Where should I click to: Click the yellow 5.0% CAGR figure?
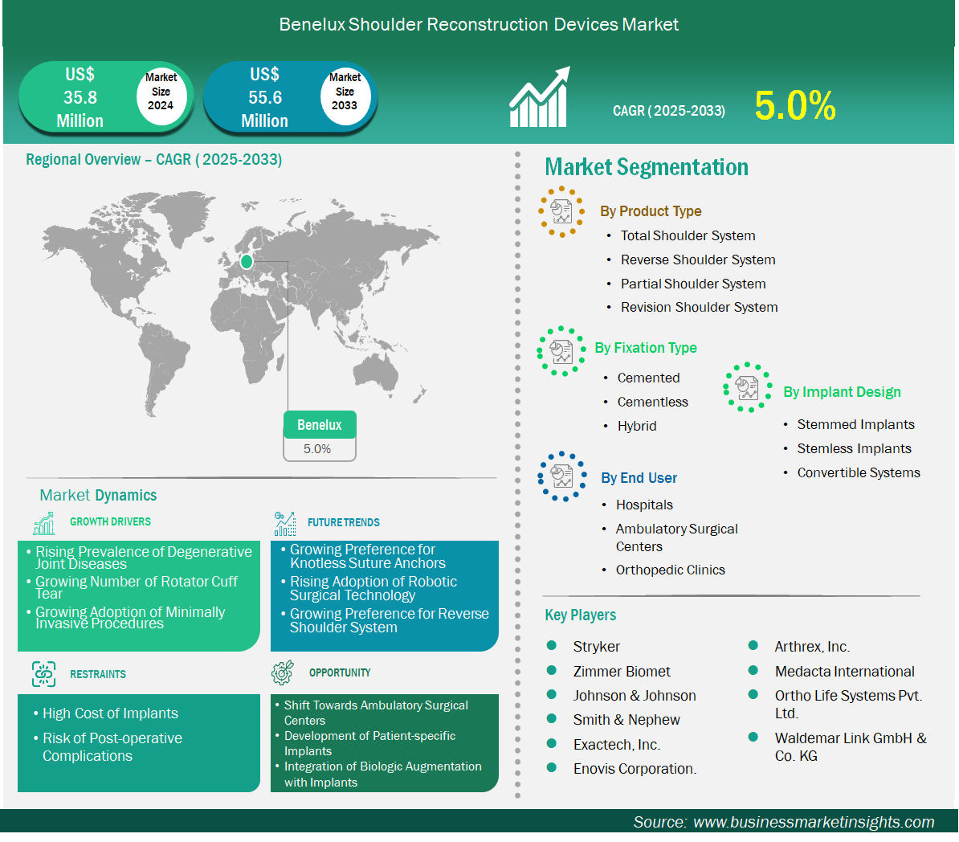pos(794,105)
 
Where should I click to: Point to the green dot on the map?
pos(247,262)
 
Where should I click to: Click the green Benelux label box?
pos(319,425)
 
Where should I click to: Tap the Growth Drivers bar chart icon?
pos(44,523)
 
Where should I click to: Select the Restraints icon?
pos(44,674)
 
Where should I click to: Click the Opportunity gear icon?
pos(283,672)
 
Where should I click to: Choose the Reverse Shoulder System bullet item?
pos(698,260)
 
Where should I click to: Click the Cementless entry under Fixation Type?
pos(652,402)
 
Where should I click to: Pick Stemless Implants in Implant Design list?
pos(854,448)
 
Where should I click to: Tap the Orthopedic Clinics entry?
pos(671,570)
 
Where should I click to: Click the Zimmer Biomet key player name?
pos(622,672)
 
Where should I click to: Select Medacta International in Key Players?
pos(845,672)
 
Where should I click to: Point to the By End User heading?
pos(639,478)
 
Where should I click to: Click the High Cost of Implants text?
pos(110,713)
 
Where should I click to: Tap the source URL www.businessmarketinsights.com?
pos(814,822)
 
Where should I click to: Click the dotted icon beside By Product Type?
pos(561,212)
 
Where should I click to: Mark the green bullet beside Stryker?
pos(551,646)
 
